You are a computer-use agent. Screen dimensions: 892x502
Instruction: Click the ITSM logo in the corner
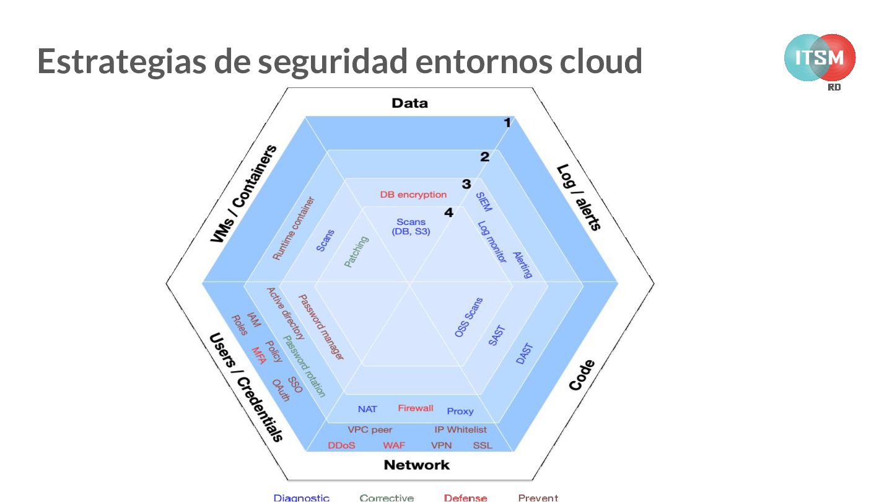820,58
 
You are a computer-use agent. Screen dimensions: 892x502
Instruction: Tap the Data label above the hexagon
409,103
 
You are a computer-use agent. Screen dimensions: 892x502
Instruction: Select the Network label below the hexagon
416,465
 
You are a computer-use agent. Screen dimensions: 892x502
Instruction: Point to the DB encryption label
413,195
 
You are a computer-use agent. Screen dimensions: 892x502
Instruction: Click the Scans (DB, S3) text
411,226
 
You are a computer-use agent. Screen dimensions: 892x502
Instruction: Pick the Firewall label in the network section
416,408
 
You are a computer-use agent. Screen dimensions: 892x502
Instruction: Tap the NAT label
367,409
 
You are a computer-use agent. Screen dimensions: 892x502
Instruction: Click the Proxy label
460,411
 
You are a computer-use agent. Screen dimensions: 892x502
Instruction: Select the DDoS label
341,445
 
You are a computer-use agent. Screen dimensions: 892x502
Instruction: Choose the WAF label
394,445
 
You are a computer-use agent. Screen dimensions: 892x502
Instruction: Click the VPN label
441,445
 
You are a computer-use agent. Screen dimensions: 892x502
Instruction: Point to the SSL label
483,445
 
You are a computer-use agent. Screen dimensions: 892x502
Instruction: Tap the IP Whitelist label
460,429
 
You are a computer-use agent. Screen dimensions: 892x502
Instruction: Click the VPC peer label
370,429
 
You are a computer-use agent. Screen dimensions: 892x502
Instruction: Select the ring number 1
507,123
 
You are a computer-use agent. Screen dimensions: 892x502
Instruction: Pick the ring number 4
448,213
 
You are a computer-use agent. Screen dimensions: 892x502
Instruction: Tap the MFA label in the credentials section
258,356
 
